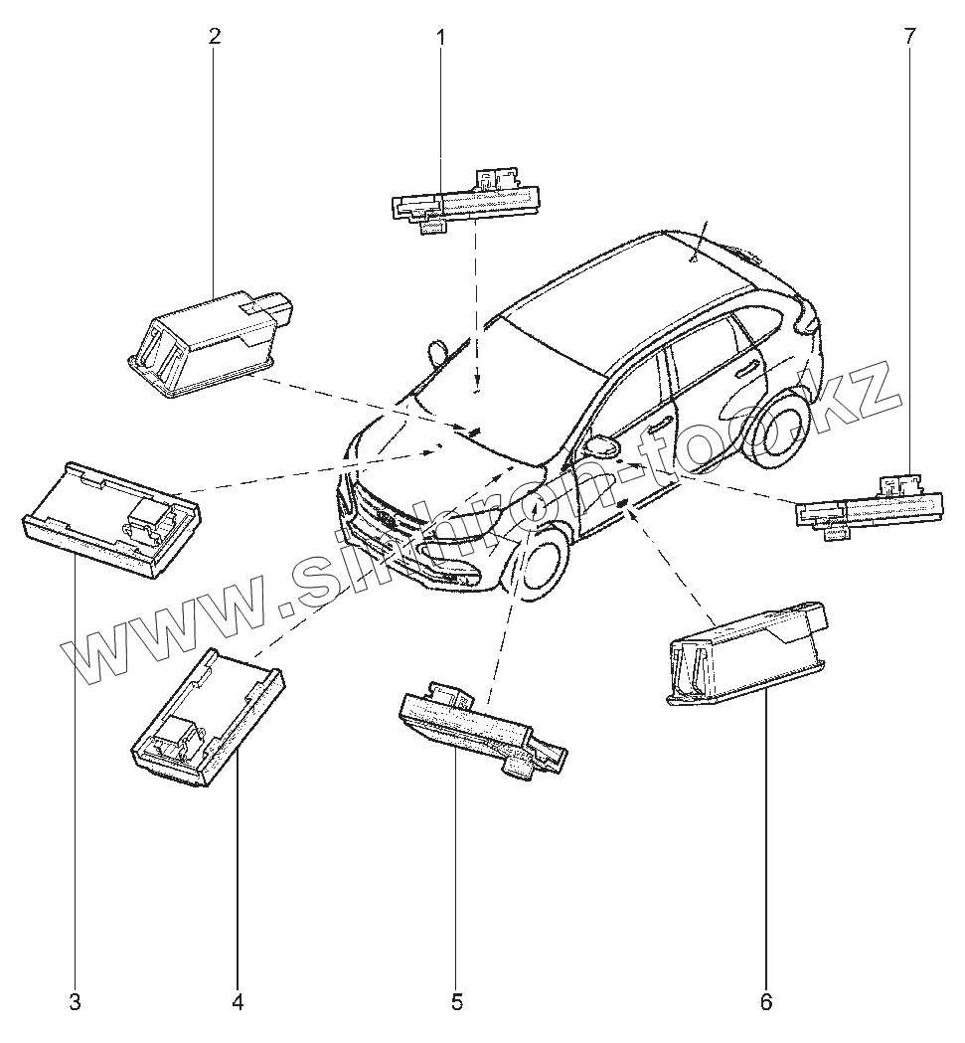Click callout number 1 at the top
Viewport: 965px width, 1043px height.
(x=441, y=39)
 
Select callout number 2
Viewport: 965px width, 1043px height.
(x=215, y=37)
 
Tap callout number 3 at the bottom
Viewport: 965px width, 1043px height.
(x=76, y=1002)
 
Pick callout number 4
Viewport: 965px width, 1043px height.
(x=238, y=1002)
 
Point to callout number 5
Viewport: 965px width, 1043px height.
(x=456, y=1002)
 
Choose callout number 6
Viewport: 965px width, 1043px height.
(x=765, y=1002)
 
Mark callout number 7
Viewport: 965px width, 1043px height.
(x=910, y=37)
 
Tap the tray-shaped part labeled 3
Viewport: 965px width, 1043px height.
(x=111, y=517)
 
